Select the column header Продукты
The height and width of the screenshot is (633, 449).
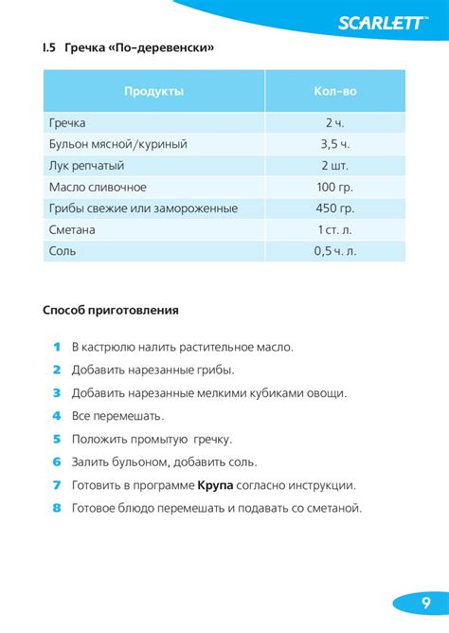point(153,91)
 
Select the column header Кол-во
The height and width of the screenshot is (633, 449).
point(334,91)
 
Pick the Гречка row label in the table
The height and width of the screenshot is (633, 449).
point(67,123)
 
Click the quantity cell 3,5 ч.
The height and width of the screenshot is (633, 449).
point(334,144)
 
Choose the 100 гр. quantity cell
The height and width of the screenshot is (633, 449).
point(334,187)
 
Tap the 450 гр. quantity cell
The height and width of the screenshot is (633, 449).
point(334,208)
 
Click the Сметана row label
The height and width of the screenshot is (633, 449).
point(72,230)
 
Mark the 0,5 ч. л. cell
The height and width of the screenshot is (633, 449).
point(334,251)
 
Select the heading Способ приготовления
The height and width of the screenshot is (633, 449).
point(111,310)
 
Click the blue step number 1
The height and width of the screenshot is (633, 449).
point(57,347)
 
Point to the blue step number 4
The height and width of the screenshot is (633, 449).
point(57,416)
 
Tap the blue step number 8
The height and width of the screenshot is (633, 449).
point(57,508)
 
